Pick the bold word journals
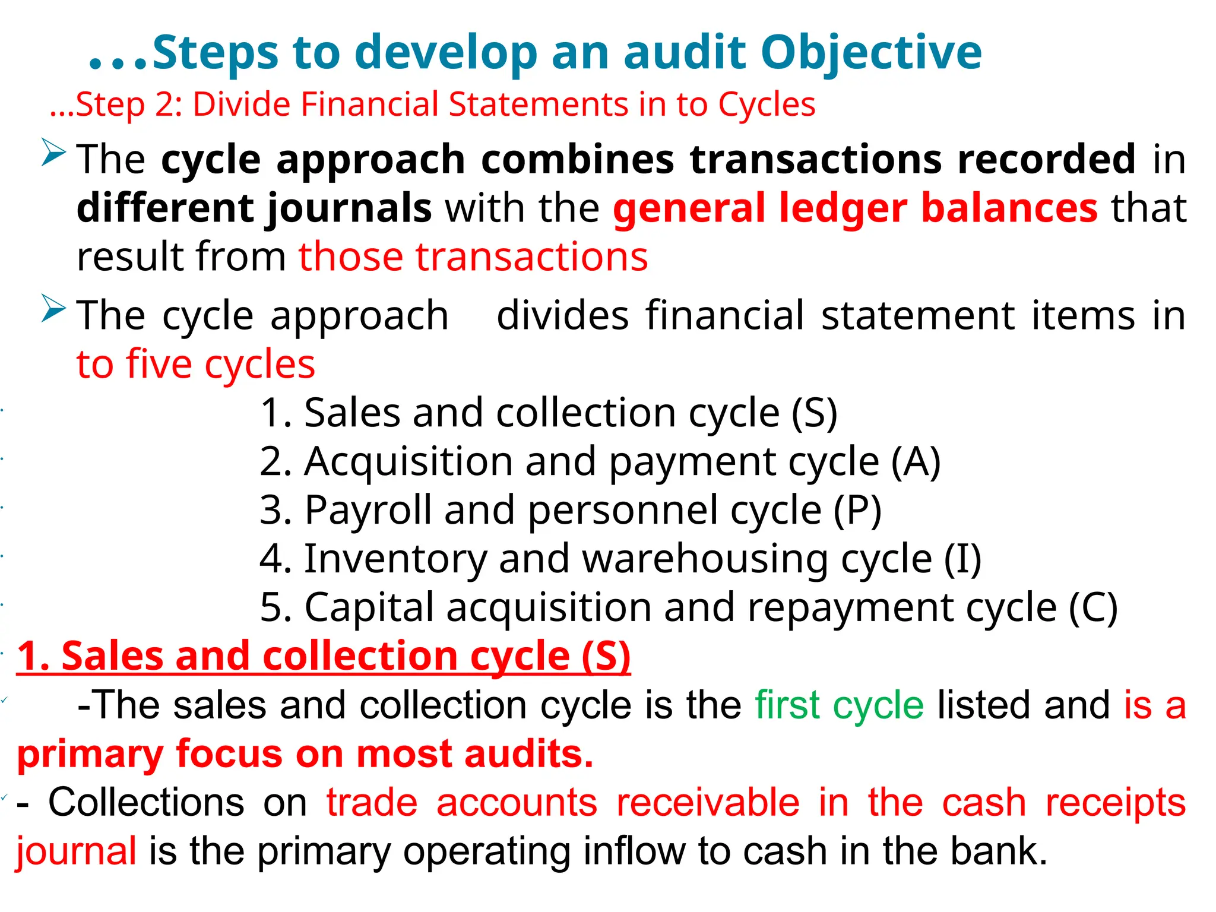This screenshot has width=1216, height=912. point(349,209)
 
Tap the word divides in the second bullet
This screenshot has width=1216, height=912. point(562,315)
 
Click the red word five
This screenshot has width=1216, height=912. point(159,364)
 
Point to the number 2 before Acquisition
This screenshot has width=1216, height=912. point(270,462)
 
